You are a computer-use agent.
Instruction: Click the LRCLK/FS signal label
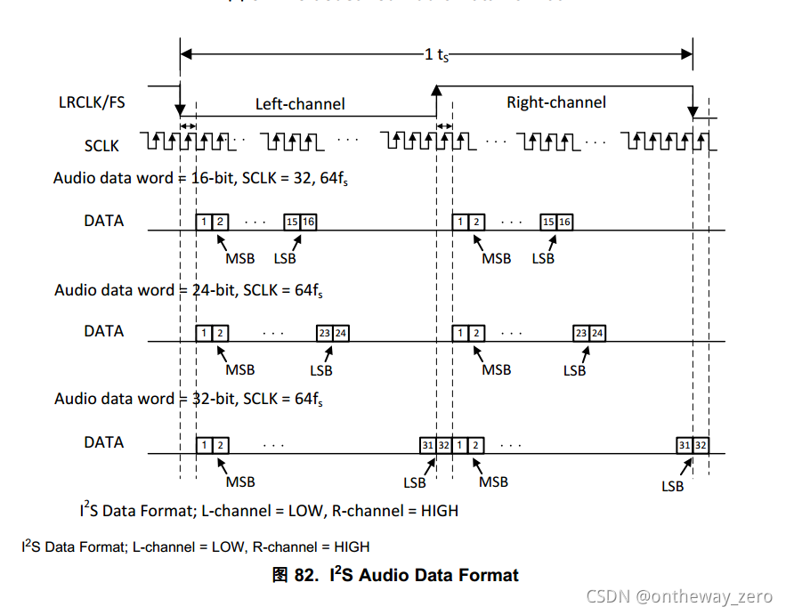point(92,102)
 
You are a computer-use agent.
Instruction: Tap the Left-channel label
point(300,104)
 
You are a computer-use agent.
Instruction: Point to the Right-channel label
point(556,102)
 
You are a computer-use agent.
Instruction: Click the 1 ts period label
point(436,53)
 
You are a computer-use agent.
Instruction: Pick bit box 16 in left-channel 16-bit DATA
point(308,222)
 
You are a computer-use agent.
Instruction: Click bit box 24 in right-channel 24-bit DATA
point(598,333)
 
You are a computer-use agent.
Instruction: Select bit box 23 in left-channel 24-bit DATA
point(324,333)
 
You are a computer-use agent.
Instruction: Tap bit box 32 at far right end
point(701,444)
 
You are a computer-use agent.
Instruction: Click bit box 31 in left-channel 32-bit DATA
point(427,444)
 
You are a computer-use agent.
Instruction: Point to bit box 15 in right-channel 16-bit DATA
point(548,222)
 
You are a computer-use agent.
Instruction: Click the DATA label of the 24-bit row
point(104,331)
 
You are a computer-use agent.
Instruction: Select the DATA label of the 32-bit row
point(104,442)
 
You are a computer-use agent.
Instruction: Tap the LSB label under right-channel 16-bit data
point(543,258)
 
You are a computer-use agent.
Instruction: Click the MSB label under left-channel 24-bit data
point(240,369)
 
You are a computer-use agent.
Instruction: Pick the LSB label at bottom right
point(673,486)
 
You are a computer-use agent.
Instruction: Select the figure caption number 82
point(304,575)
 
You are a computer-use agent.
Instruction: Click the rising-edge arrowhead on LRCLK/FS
point(436,90)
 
